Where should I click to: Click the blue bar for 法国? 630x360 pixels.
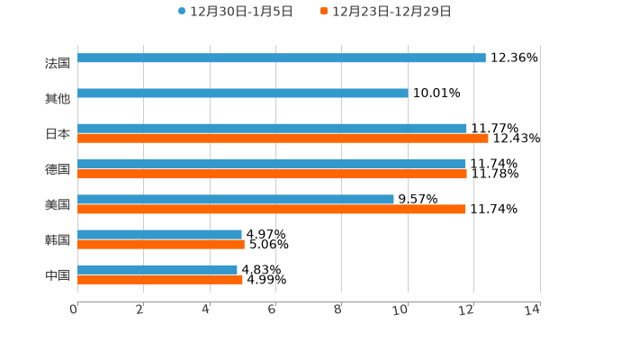click(x=282, y=58)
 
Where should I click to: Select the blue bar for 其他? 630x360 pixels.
click(x=243, y=93)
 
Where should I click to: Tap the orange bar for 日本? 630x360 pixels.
click(x=283, y=139)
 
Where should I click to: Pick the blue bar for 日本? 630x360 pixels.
click(x=272, y=128)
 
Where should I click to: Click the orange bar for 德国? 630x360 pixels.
click(x=272, y=174)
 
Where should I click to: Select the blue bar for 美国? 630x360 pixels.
click(x=236, y=199)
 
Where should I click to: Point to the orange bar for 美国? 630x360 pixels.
click(x=272, y=209)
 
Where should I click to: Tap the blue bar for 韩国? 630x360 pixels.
click(x=159, y=234)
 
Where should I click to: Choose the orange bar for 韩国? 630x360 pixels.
click(x=161, y=244)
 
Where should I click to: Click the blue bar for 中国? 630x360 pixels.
click(x=157, y=269)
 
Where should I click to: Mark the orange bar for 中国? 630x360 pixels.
click(x=160, y=279)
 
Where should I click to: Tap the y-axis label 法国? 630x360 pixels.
click(x=58, y=63)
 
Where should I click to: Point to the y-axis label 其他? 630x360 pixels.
click(x=58, y=98)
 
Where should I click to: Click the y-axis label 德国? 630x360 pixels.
click(x=58, y=169)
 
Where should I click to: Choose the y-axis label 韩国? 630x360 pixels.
click(x=58, y=239)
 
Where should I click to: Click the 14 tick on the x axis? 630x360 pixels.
click(x=532, y=310)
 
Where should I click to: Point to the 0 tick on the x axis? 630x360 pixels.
click(x=75, y=310)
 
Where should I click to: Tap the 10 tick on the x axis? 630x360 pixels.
click(x=400, y=310)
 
